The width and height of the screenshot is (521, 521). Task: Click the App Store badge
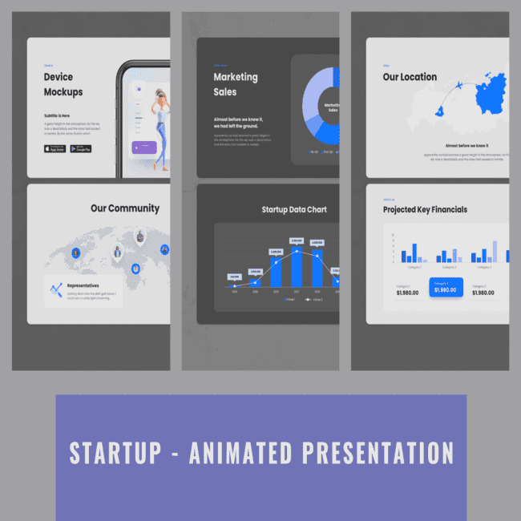[x=55, y=148]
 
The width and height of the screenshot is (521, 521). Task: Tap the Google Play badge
[x=81, y=148]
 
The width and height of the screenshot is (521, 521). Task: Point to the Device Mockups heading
[x=63, y=84]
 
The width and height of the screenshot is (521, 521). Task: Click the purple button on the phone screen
[x=148, y=147]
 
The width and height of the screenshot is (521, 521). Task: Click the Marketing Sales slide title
[x=236, y=84]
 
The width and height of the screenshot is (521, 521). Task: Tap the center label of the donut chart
[x=332, y=107]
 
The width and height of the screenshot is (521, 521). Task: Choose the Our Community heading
[x=124, y=208]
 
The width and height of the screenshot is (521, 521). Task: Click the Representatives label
[x=83, y=285]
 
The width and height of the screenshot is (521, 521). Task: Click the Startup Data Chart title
[x=294, y=210]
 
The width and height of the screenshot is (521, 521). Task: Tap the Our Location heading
[x=410, y=77]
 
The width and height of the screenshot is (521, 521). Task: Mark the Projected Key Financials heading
[x=425, y=210]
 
